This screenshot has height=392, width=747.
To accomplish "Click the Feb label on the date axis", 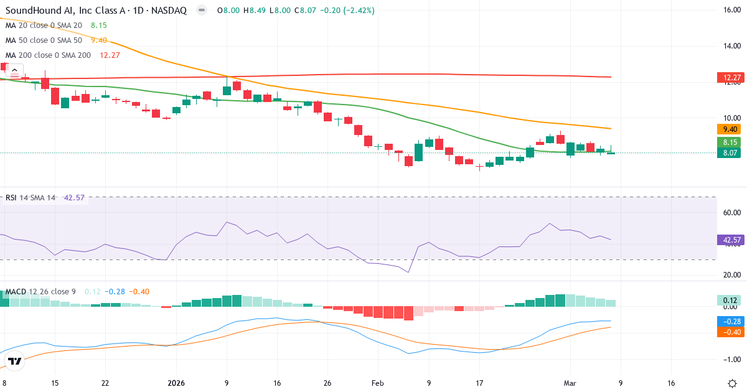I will pos(378,383).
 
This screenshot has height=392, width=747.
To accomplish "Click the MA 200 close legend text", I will pos(48,55).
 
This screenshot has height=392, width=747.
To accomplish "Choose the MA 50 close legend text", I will pos(44,40).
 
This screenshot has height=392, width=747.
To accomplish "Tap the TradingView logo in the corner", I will pos(14,361).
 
